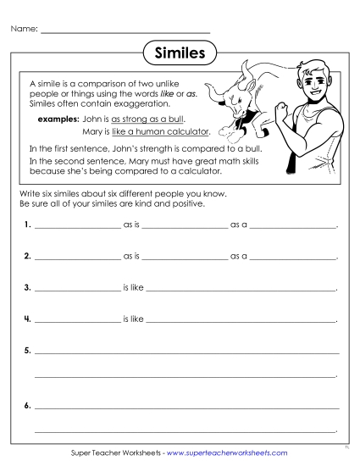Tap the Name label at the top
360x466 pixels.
[24, 30]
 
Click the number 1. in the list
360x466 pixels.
[28, 226]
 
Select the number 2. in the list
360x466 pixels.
[28, 255]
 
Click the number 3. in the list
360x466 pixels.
[28, 287]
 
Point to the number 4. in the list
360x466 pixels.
[28, 319]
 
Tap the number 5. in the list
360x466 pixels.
[28, 350]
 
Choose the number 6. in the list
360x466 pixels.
[28, 406]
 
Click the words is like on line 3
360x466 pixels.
[134, 287]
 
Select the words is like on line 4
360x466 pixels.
[134, 319]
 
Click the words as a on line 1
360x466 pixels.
[238, 226]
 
